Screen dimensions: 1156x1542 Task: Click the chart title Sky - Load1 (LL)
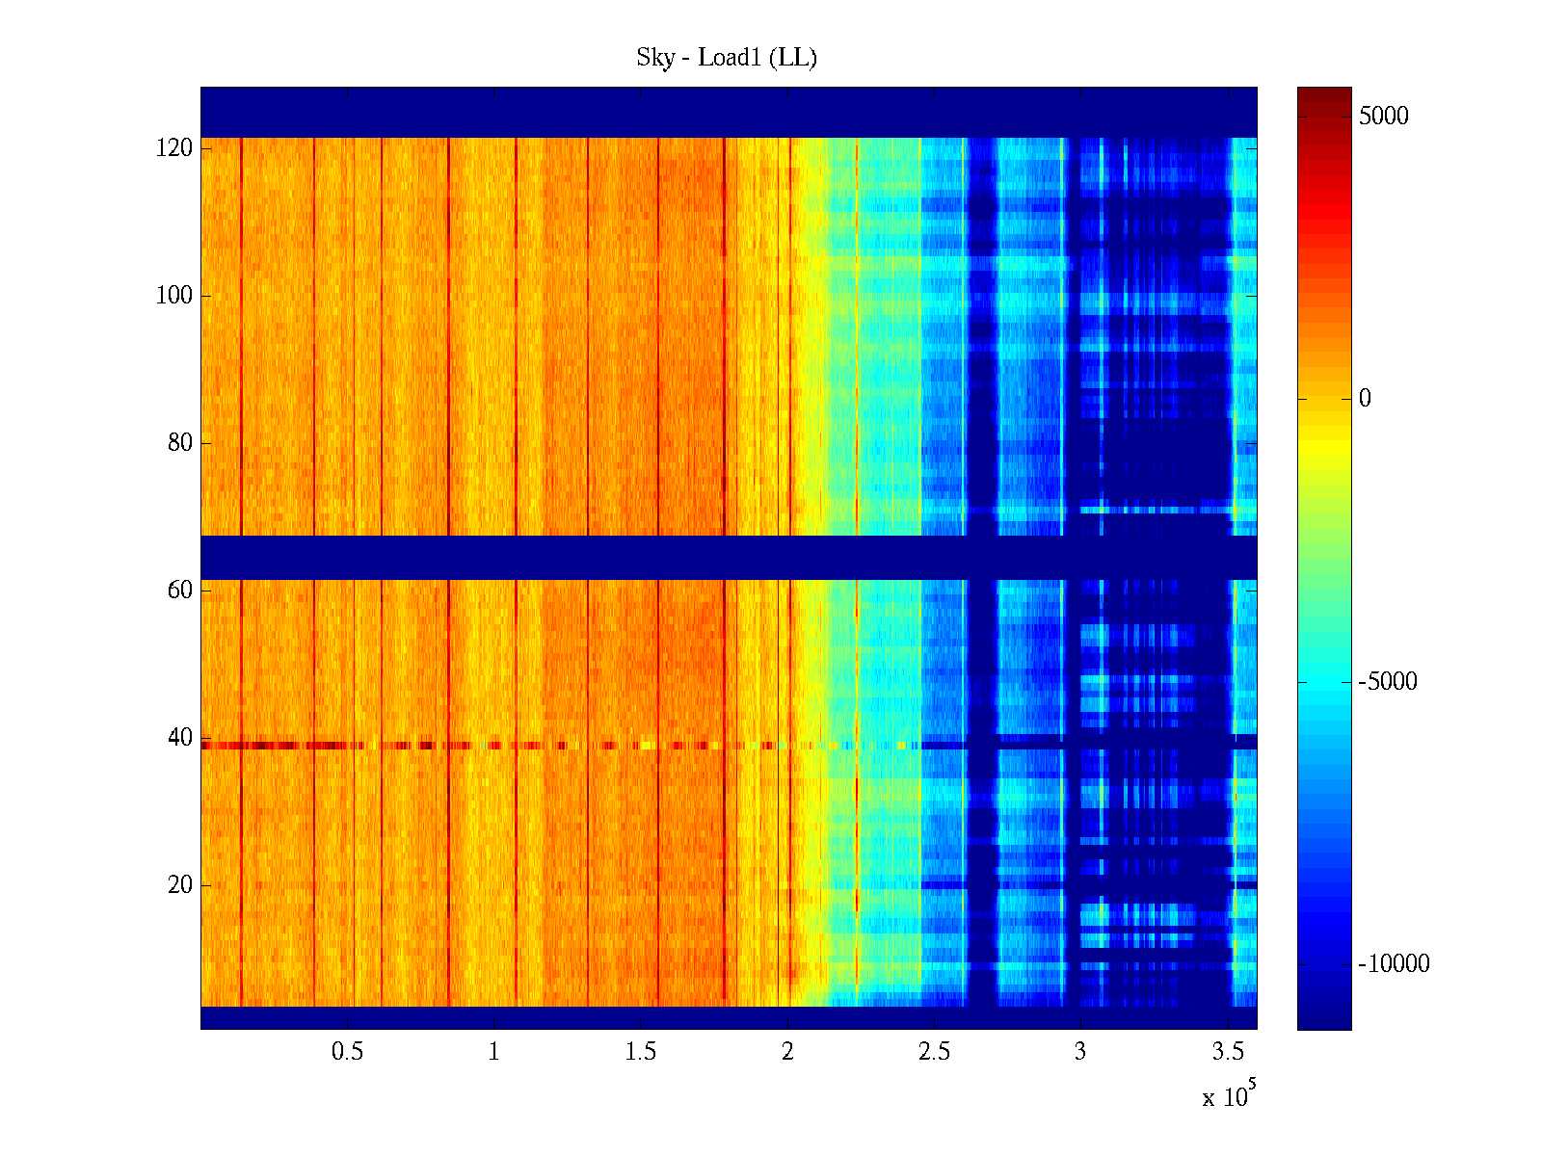(x=727, y=58)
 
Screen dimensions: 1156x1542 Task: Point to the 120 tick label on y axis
(x=173, y=148)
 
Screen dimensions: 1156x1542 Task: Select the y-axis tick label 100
(x=173, y=296)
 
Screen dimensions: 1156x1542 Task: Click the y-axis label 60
(x=179, y=591)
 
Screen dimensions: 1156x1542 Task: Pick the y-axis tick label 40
(x=179, y=738)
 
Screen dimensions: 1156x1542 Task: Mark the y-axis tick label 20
(x=179, y=885)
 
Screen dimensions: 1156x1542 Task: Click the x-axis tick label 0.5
(x=347, y=1052)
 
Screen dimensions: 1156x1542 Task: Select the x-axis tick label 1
(x=493, y=1052)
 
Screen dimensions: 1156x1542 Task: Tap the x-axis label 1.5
(x=640, y=1052)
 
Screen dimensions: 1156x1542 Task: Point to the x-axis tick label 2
(x=787, y=1052)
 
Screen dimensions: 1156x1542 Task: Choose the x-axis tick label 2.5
(x=934, y=1052)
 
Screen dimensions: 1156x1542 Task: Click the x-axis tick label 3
(x=1080, y=1052)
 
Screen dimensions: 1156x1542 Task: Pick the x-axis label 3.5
(x=1227, y=1052)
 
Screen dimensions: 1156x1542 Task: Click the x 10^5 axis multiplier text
(x=1228, y=1096)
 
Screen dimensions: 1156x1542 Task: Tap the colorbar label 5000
(x=1383, y=117)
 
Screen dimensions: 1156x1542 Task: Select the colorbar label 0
(x=1364, y=399)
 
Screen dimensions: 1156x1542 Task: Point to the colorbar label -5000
(x=1388, y=682)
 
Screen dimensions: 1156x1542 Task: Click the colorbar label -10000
(x=1394, y=964)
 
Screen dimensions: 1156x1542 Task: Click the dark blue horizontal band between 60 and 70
(x=728, y=557)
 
